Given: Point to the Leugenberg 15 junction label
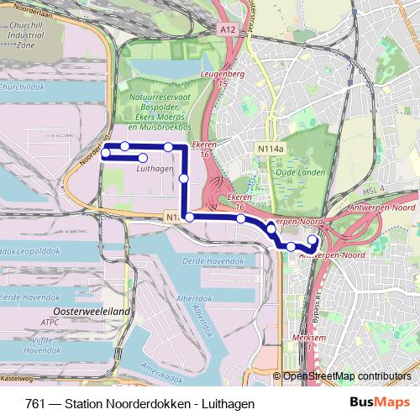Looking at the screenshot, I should (x=222, y=80).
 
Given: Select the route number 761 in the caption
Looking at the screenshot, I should (x=36, y=403).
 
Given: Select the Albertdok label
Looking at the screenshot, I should (x=195, y=299).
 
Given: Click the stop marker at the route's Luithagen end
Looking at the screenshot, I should (x=143, y=158).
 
